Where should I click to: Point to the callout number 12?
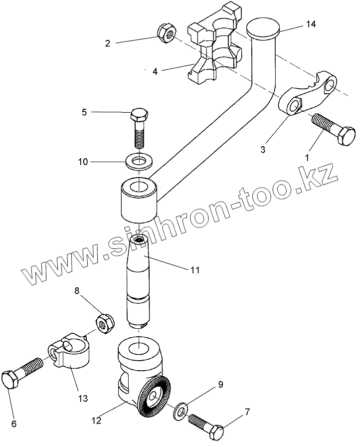pyautogui.click(x=96, y=421)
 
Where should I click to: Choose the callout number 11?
pyautogui.click(x=194, y=270)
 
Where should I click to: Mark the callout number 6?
pyautogui.click(x=14, y=424)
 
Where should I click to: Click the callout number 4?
pyautogui.click(x=155, y=71)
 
